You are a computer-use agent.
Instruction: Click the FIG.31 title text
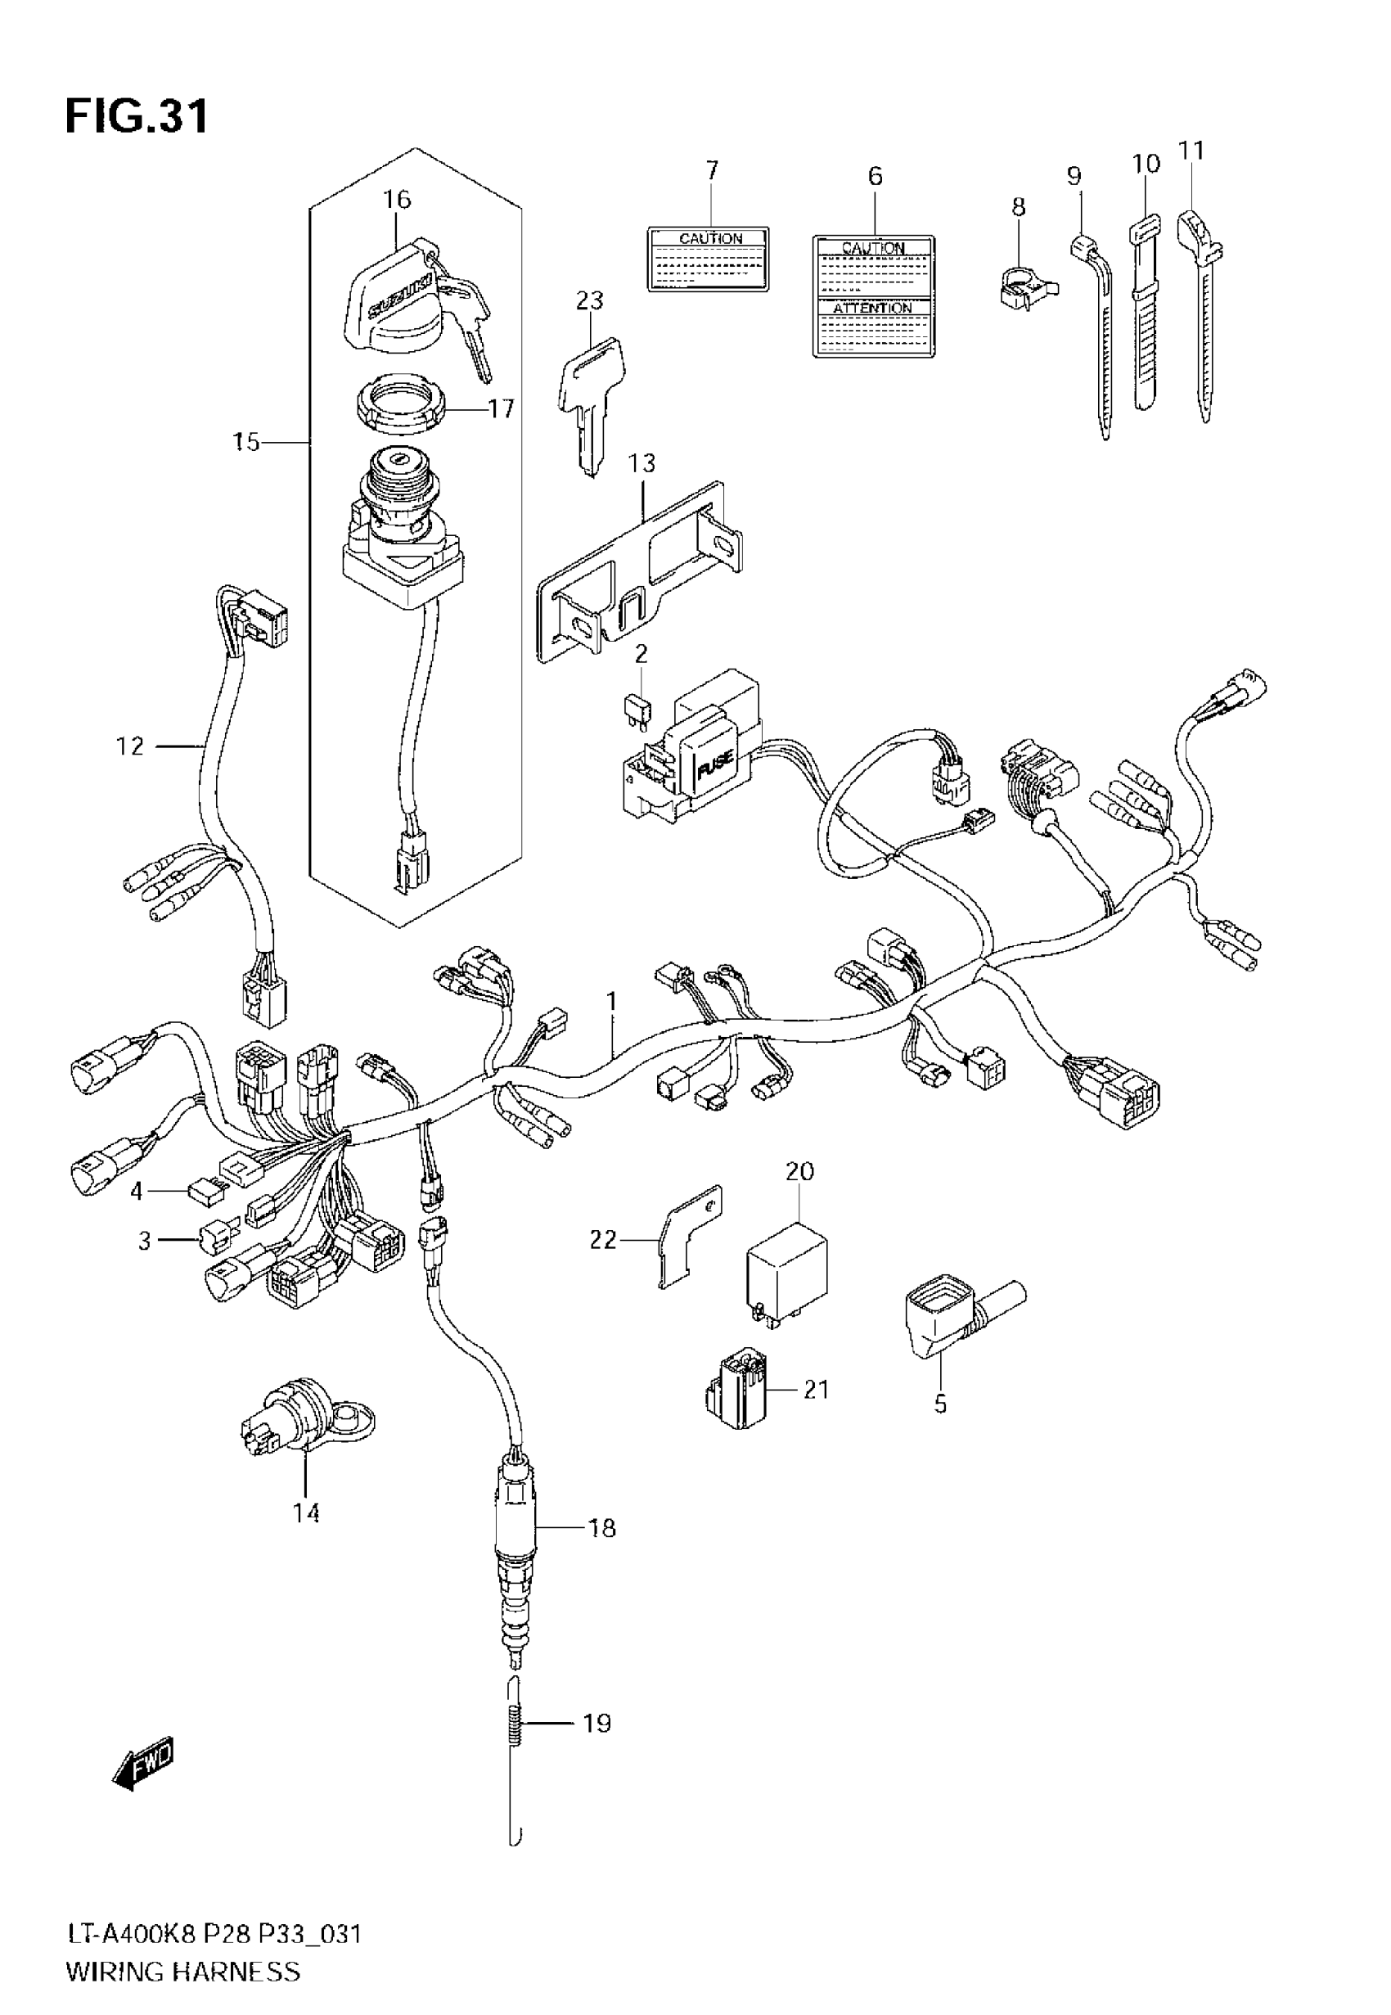coord(137,116)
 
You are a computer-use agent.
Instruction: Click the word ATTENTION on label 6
coord(872,308)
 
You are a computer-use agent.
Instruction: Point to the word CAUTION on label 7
coord(710,238)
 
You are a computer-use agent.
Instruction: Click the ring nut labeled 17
coord(403,402)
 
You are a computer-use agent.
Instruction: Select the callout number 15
coord(246,443)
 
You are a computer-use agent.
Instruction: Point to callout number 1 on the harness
coord(612,1002)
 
